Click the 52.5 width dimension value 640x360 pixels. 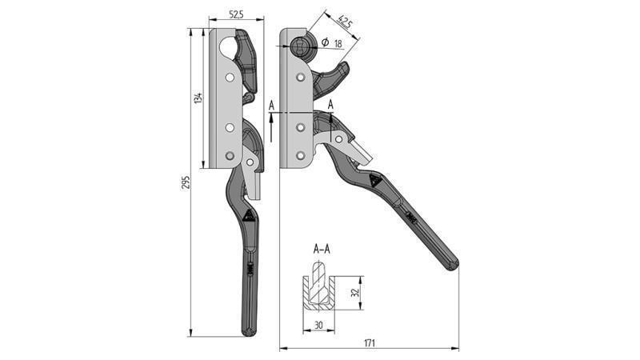[235, 14]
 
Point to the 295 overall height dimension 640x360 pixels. [185, 182]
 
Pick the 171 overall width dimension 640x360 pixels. [369, 342]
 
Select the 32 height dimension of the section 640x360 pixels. [355, 293]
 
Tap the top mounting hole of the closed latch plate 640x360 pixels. [230, 78]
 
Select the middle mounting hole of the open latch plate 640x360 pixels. [301, 126]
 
